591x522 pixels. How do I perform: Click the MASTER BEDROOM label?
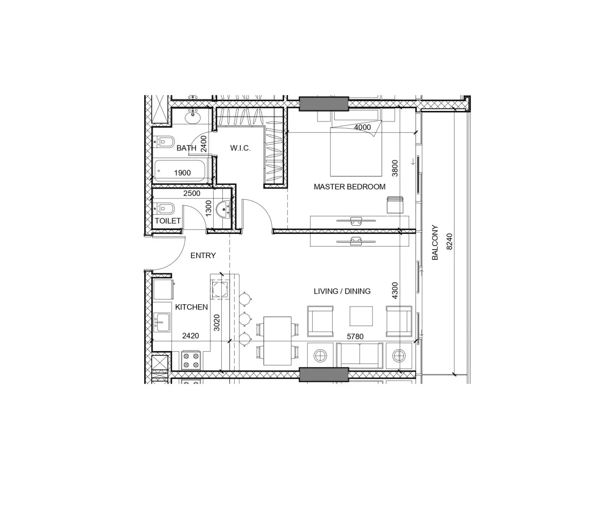pos(349,187)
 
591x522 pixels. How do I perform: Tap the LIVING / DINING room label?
pos(342,291)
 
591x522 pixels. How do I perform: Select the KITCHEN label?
pos(191,307)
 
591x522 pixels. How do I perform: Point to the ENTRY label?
pos(203,256)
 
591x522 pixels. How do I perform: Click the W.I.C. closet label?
pos(240,148)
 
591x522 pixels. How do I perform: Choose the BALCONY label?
pos(435,242)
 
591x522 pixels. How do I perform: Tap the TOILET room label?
pos(167,221)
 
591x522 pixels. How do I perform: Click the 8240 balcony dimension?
pos(450,242)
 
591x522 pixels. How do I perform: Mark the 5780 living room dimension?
pos(355,337)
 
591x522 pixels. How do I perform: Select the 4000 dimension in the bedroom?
pos(363,128)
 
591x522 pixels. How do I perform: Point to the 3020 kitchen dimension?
pos(217,323)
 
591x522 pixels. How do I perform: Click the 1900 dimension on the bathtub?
pos(182,173)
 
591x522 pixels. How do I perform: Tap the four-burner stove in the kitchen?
pos(191,360)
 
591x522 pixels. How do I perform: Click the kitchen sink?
pos(162,323)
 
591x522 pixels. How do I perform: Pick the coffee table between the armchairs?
pos(361,316)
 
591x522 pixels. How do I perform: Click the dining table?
pos(277,341)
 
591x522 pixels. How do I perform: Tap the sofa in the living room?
pos(360,355)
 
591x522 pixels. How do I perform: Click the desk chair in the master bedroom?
pos(394,205)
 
